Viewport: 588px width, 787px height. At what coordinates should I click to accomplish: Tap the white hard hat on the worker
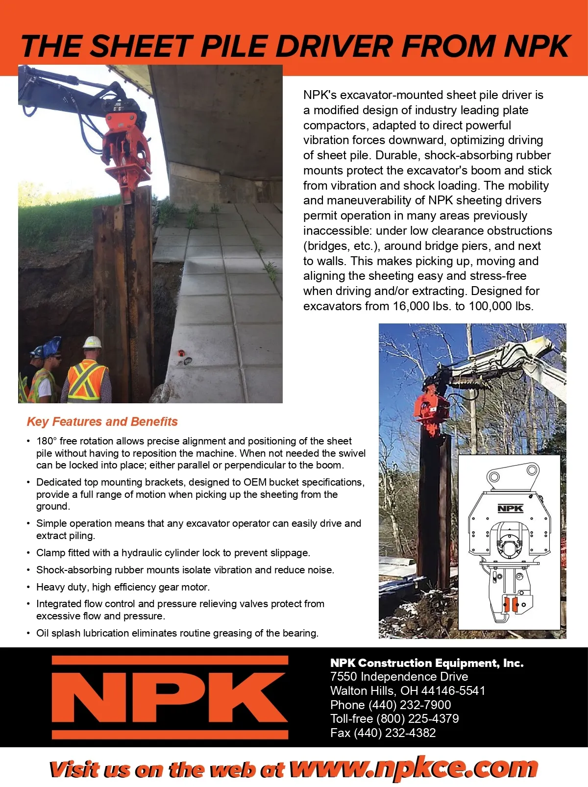click(92, 342)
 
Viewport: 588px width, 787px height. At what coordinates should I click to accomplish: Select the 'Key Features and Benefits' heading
click(102, 421)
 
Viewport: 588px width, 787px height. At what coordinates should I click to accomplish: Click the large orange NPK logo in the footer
click(170, 697)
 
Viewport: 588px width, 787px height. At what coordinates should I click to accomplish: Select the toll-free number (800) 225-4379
click(417, 718)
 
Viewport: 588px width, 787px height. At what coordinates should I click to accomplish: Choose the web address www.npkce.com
click(414, 768)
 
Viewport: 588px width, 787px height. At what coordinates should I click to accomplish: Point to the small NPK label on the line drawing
click(510, 508)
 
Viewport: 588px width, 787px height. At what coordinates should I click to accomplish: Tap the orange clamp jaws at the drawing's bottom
click(512, 605)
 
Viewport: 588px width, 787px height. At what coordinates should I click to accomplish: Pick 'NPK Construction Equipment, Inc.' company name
click(427, 663)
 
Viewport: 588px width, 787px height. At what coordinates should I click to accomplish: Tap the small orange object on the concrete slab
click(181, 353)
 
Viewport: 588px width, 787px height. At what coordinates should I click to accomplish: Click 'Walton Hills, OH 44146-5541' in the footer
click(408, 690)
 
